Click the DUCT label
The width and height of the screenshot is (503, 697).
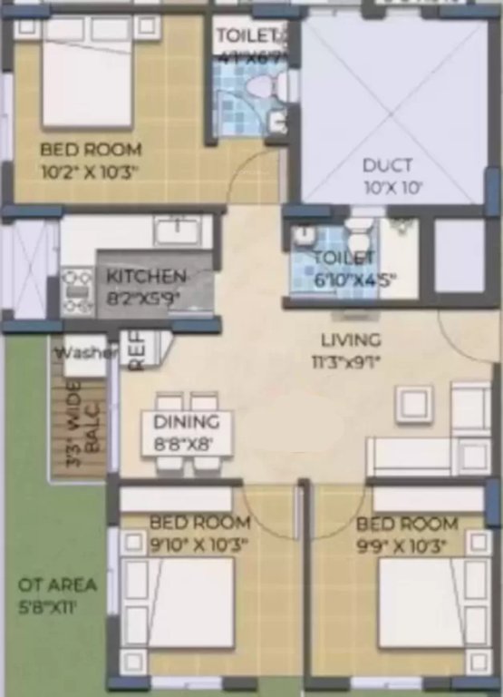coord(387,165)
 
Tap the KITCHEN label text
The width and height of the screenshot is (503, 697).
coord(146,276)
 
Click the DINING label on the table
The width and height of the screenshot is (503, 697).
coord(186,422)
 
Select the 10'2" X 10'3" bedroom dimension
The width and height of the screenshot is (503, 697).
coord(88,169)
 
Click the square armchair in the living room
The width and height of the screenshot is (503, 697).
coord(414,406)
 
